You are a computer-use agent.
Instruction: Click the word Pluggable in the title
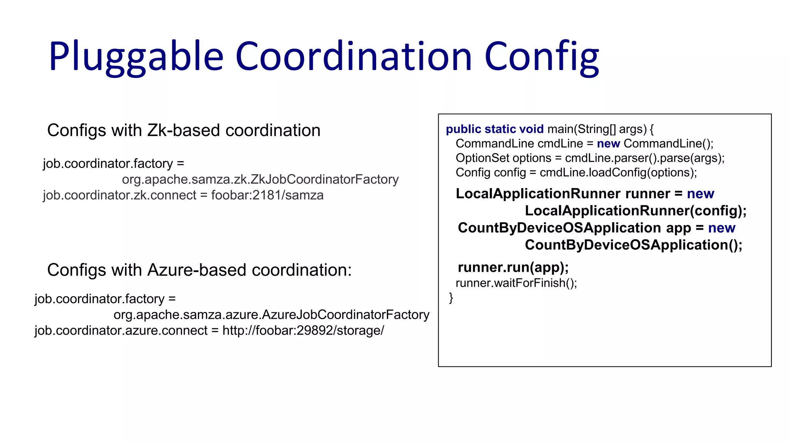(136, 57)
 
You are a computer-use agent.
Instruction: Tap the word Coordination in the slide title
(353, 56)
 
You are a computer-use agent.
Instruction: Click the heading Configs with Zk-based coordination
(184, 130)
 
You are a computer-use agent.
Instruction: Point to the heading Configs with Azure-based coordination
(199, 270)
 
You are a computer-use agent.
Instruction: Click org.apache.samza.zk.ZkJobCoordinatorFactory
(260, 179)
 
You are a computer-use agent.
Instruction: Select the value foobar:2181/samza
(267, 195)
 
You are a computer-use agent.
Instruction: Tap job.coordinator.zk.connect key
(120, 195)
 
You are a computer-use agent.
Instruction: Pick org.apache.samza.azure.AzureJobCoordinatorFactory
(271, 315)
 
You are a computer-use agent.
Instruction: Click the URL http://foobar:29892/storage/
(303, 331)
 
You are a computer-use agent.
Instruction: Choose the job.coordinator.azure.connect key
(121, 331)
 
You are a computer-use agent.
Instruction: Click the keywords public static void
(495, 129)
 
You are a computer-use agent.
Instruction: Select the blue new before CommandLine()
(608, 144)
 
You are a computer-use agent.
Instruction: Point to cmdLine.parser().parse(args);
(645, 158)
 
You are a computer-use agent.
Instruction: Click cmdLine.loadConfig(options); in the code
(618, 173)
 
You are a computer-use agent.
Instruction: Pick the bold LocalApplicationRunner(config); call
(635, 211)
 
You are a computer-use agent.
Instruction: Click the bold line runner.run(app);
(513, 267)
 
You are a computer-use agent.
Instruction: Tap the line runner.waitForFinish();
(516, 283)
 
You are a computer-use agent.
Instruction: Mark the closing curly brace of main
(451, 298)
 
